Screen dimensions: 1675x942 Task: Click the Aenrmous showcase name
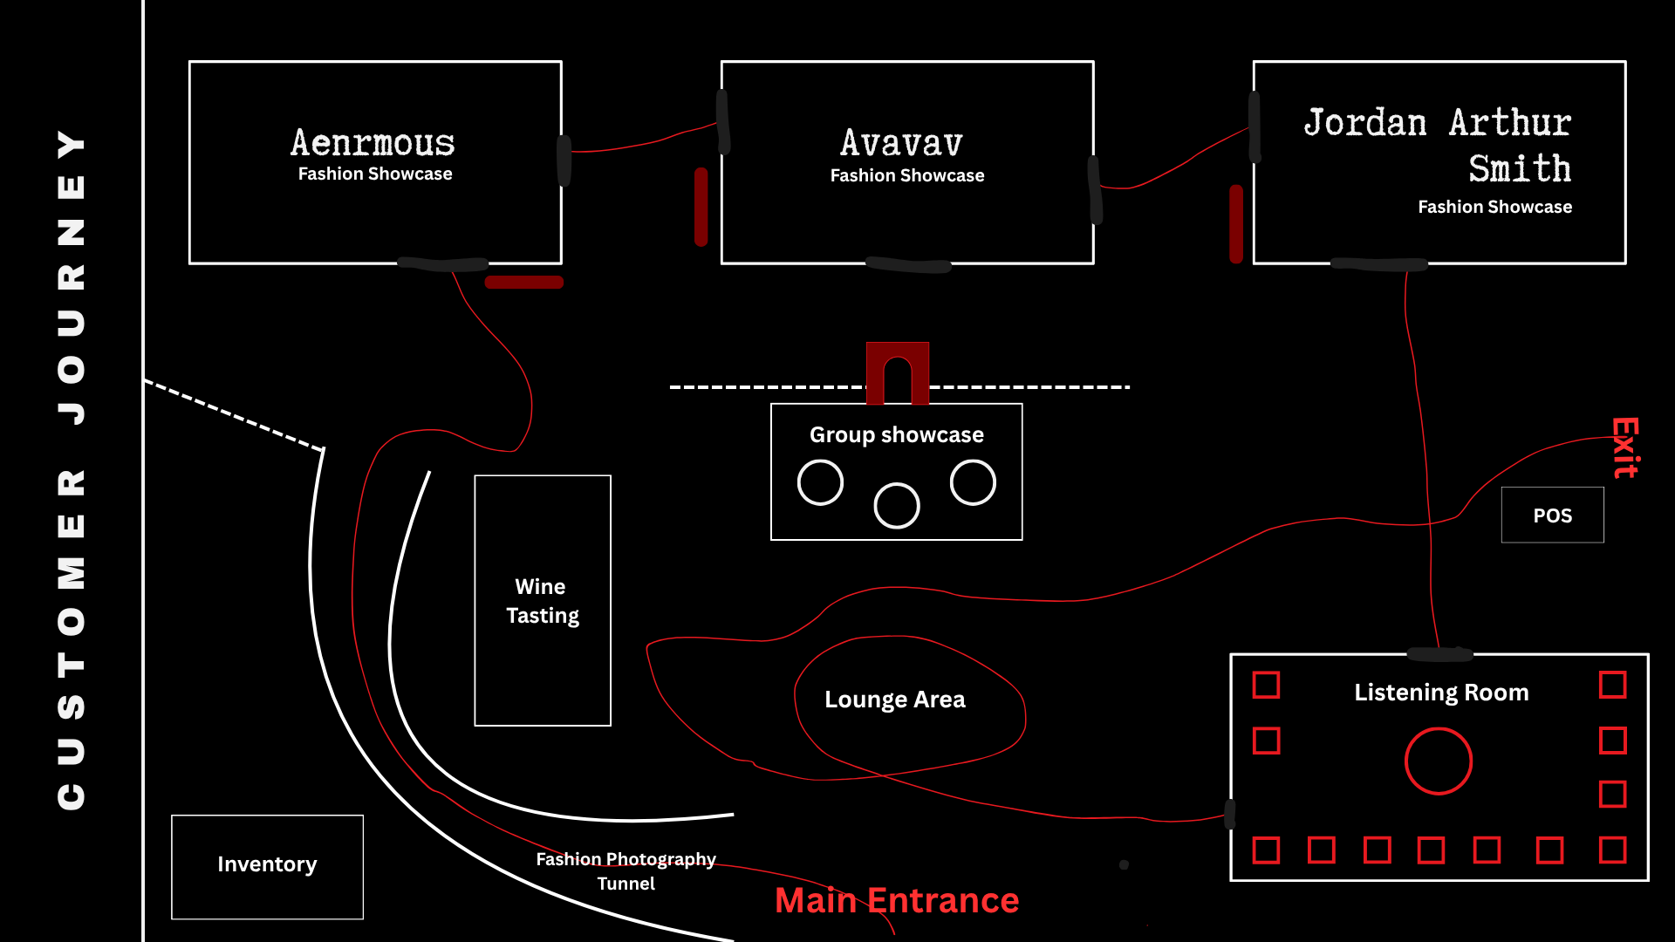(x=373, y=142)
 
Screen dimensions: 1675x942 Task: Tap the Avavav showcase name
(x=902, y=143)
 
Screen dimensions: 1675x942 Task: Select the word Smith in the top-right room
(x=1520, y=168)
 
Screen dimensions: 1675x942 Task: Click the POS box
(x=1553, y=515)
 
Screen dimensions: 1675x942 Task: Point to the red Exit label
(x=1625, y=447)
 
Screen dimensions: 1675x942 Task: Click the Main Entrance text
(x=897, y=900)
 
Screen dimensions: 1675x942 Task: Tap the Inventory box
(x=267, y=867)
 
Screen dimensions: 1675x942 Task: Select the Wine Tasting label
(x=543, y=601)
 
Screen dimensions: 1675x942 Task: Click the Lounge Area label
(x=895, y=700)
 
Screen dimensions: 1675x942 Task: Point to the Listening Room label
(x=1441, y=693)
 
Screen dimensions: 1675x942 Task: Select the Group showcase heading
(x=897, y=434)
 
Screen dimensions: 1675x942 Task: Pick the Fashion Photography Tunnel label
(x=626, y=871)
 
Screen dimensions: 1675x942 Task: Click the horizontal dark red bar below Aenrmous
(x=524, y=283)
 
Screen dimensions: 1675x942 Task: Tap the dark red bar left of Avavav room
(x=701, y=207)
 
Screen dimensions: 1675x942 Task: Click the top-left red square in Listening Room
(x=1267, y=686)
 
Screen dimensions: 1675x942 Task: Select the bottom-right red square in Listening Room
(x=1613, y=850)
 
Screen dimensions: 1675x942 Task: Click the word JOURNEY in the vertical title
(x=72, y=277)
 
